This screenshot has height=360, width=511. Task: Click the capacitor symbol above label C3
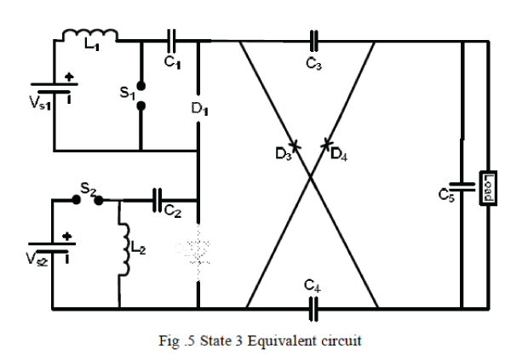coord(313,38)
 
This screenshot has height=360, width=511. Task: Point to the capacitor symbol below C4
coord(313,307)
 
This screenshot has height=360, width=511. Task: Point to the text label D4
coord(338,154)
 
